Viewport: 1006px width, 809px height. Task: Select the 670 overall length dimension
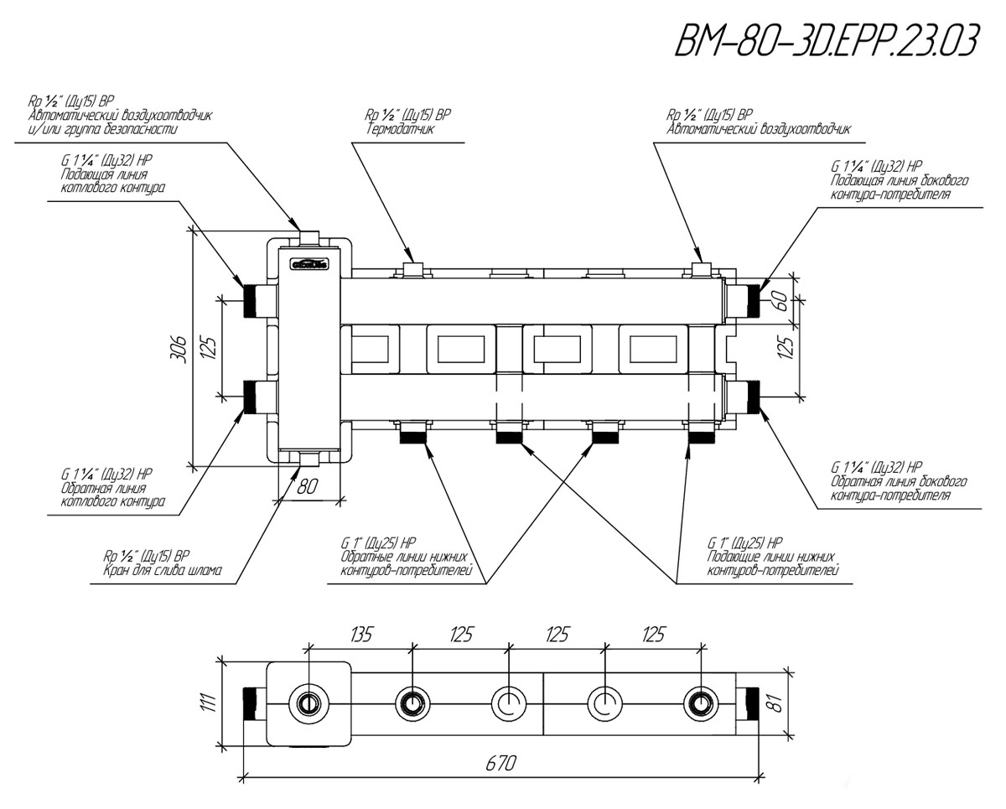(x=500, y=763)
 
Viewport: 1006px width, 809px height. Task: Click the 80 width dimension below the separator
(x=309, y=486)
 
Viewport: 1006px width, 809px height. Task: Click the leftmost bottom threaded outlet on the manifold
(x=414, y=433)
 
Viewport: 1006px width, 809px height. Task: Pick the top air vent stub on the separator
(x=309, y=234)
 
